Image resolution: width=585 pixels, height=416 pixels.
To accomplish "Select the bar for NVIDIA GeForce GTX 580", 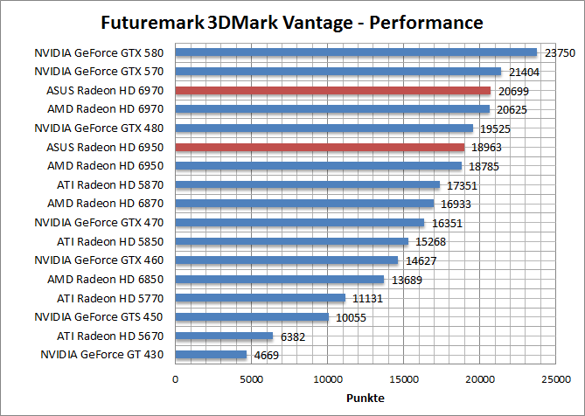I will [356, 52].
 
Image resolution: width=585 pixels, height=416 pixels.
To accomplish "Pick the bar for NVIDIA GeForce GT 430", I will [211, 355].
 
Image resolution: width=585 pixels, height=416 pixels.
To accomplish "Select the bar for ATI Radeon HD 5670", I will [224, 336].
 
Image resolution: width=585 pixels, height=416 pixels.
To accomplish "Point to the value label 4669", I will [267, 355].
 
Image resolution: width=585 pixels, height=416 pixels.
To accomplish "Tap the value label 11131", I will [365, 298].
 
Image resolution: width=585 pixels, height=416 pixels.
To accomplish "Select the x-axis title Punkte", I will [365, 399].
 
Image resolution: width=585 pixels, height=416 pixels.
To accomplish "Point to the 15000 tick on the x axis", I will [403, 379].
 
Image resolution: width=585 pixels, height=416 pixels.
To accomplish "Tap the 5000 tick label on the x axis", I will [251, 379].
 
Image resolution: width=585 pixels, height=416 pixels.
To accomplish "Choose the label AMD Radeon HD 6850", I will [108, 279].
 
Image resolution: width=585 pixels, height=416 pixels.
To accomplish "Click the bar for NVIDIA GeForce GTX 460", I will [287, 260].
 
